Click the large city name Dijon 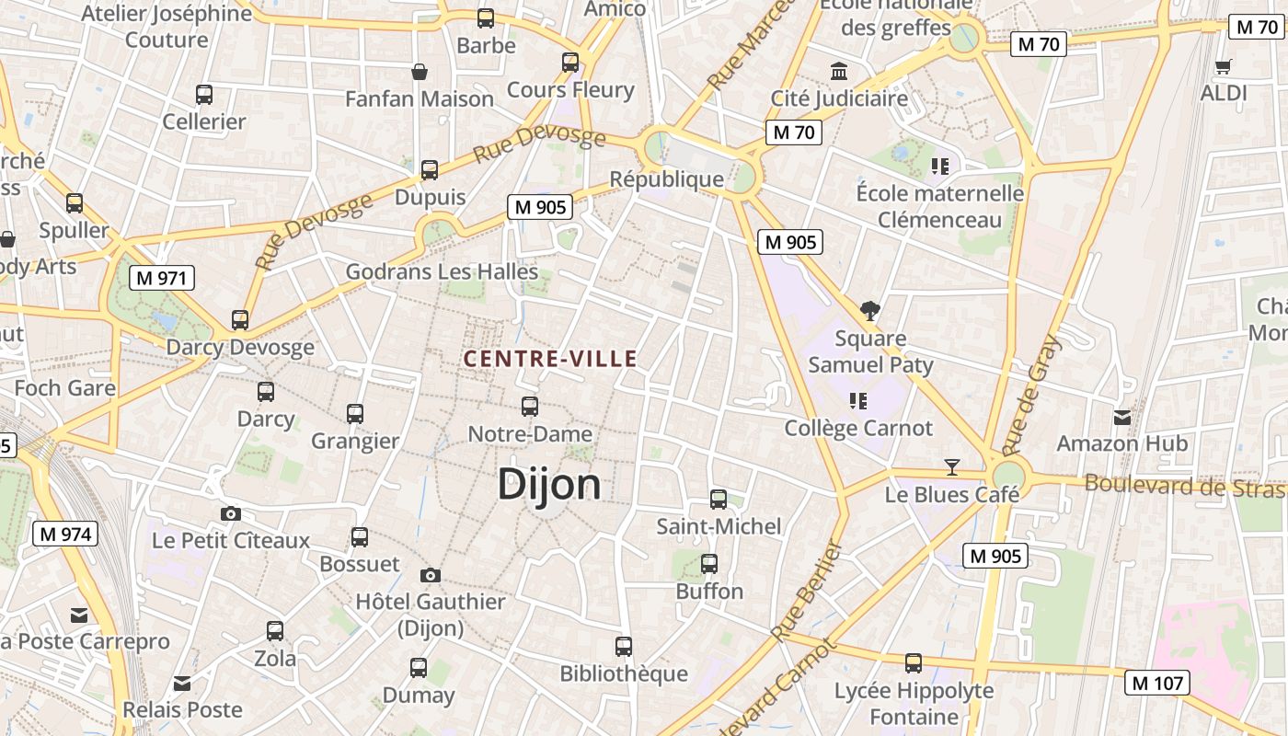click(x=549, y=484)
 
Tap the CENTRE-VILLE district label click(x=550, y=359)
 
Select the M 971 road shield click(x=163, y=278)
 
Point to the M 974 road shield click(x=65, y=534)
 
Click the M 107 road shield click(x=1158, y=683)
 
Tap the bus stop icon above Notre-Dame click(x=530, y=406)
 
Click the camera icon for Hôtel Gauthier click(x=430, y=576)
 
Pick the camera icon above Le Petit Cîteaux click(x=230, y=514)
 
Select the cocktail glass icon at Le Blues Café click(x=952, y=467)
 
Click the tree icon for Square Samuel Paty click(x=869, y=311)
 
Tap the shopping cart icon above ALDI click(x=1223, y=66)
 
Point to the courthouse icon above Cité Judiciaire click(x=839, y=71)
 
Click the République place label click(x=667, y=179)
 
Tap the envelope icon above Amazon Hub click(x=1121, y=418)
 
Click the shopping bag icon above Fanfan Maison click(x=420, y=72)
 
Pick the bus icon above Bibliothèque click(x=624, y=647)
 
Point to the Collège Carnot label click(x=858, y=428)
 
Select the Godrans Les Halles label click(x=442, y=272)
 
